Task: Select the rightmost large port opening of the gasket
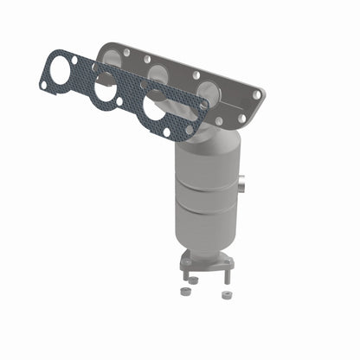coord(154,108)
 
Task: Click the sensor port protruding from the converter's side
coord(241,183)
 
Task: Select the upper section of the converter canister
coord(204,164)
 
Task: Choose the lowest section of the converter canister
coord(205,229)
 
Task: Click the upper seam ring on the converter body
coord(204,184)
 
